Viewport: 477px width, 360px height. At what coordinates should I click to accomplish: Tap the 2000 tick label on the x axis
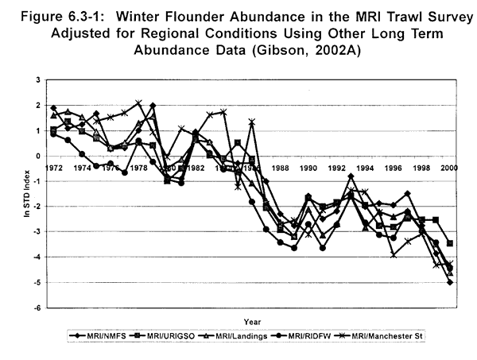[450, 168]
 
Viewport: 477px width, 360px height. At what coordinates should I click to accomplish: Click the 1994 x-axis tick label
[366, 168]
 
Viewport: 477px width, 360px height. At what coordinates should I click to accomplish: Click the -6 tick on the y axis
[37, 308]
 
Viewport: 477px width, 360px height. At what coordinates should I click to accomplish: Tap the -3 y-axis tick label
[37, 232]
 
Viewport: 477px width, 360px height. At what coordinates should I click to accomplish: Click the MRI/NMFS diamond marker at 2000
[450, 282]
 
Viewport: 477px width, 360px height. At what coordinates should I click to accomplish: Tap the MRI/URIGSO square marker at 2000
[450, 243]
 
